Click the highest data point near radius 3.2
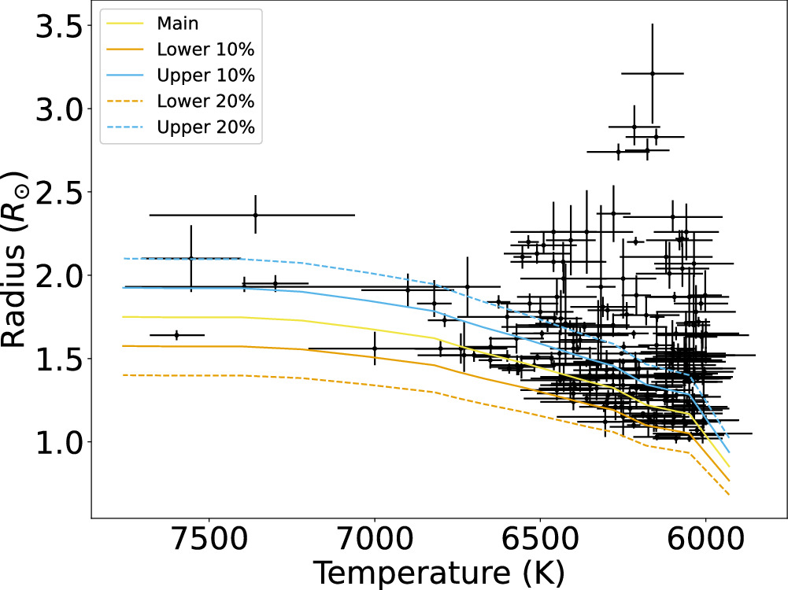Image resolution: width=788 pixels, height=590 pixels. point(652,73)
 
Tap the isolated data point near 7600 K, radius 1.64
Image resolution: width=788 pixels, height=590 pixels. point(176,335)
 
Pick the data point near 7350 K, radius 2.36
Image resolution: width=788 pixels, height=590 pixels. point(255,215)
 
